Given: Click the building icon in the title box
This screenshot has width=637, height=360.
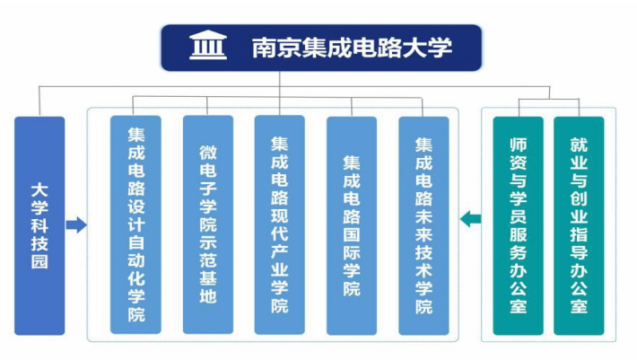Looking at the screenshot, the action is pyautogui.click(x=207, y=45).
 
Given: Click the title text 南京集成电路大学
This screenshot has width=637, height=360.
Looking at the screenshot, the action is pyautogui.click(x=352, y=48).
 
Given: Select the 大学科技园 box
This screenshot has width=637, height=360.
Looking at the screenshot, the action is pyautogui.click(x=39, y=225).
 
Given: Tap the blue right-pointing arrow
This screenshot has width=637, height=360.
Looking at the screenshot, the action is pyautogui.click(x=76, y=224).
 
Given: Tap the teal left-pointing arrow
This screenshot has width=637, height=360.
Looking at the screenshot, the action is pyautogui.click(x=470, y=218).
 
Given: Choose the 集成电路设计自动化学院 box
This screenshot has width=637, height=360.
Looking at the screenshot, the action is pyautogui.click(x=135, y=224).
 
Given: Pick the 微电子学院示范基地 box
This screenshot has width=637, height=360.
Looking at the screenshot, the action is pyautogui.click(x=208, y=224).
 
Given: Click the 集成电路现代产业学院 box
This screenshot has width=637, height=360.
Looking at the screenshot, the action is pyautogui.click(x=280, y=224).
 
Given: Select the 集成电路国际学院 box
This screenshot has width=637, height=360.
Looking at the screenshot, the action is pyautogui.click(x=352, y=225).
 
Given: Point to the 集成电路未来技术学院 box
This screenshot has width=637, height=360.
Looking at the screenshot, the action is pyautogui.click(x=423, y=225).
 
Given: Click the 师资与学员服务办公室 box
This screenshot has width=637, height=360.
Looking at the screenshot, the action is pyautogui.click(x=518, y=225).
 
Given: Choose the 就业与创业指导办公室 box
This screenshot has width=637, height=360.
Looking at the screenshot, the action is pyautogui.click(x=579, y=225).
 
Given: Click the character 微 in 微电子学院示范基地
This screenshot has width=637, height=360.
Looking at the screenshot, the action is pyautogui.click(x=208, y=153).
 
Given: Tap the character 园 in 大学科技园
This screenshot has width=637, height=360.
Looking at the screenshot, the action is pyautogui.click(x=39, y=261).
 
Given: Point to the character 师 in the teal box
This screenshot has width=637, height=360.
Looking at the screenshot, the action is pyautogui.click(x=519, y=145).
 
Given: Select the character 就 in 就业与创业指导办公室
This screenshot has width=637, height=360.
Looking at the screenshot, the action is pyautogui.click(x=579, y=145).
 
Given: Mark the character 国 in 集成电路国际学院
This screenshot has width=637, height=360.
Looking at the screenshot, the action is pyautogui.click(x=352, y=234).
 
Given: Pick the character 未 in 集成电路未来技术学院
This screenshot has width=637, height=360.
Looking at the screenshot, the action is pyautogui.click(x=423, y=216).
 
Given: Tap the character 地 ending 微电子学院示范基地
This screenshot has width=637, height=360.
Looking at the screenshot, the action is pyautogui.click(x=208, y=295).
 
